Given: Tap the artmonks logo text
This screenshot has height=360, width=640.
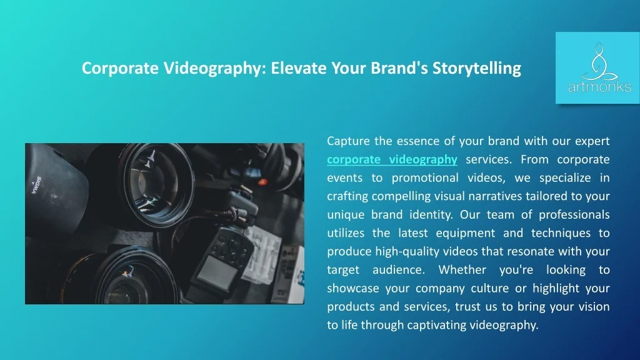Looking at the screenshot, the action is click(x=599, y=86).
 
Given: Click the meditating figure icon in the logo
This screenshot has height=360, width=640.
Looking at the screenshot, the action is click(x=599, y=61).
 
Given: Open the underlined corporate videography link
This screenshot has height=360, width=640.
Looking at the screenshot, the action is click(x=392, y=159).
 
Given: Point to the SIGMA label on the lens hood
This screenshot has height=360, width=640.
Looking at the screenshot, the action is click(x=36, y=185).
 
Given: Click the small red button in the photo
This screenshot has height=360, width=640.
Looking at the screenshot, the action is click(x=262, y=182).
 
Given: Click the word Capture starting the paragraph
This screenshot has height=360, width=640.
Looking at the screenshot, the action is click(x=348, y=141).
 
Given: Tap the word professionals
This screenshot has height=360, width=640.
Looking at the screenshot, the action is click(x=574, y=215).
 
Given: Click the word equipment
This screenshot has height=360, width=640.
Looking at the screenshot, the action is click(x=465, y=233).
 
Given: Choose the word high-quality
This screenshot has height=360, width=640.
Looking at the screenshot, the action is click(x=407, y=251).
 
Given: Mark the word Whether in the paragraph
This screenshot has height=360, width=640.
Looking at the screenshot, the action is click(x=462, y=270).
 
